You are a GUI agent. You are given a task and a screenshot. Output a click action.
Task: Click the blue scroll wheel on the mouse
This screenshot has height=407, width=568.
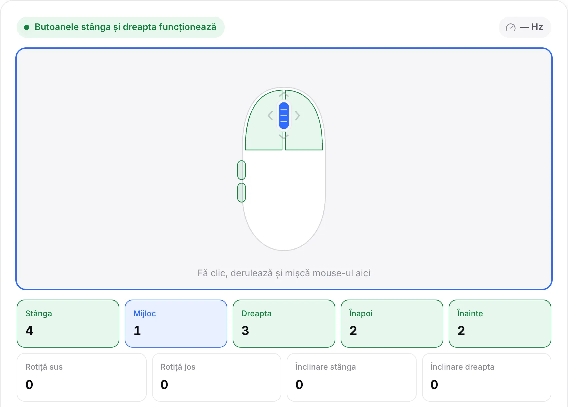[284, 115]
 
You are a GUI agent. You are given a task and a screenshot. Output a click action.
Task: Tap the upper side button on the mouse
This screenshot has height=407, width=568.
[241, 170]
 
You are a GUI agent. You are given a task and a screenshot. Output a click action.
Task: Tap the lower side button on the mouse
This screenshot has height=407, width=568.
[241, 192]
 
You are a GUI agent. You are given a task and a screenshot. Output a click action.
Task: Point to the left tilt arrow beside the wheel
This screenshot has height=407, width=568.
[270, 116]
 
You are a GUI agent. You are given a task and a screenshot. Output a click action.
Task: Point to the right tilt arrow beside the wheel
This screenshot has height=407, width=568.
[297, 116]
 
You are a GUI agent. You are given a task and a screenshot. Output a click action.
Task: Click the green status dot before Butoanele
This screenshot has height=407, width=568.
[27, 27]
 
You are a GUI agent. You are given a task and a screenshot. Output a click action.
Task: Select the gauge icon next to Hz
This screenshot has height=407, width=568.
[510, 27]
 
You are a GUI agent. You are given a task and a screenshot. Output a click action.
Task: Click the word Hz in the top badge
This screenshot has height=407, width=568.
[537, 27]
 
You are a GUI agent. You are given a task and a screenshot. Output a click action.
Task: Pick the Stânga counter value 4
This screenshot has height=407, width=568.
[29, 330]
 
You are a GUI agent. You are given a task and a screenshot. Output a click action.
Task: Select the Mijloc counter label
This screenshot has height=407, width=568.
[145, 314]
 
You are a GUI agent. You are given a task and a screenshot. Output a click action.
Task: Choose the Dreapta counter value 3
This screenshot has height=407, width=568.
[245, 330]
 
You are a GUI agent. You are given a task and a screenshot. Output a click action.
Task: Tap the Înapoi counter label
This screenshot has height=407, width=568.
[361, 313]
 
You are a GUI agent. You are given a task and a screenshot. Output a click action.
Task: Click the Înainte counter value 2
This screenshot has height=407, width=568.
[461, 330]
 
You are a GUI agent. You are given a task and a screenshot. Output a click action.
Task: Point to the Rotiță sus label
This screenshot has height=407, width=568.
[44, 367]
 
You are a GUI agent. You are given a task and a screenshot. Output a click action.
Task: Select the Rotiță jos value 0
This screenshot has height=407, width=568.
[164, 384]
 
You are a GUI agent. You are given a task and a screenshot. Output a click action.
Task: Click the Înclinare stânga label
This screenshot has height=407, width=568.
[326, 367]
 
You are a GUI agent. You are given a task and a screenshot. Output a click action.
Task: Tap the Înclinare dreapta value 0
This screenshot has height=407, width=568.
[434, 384]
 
